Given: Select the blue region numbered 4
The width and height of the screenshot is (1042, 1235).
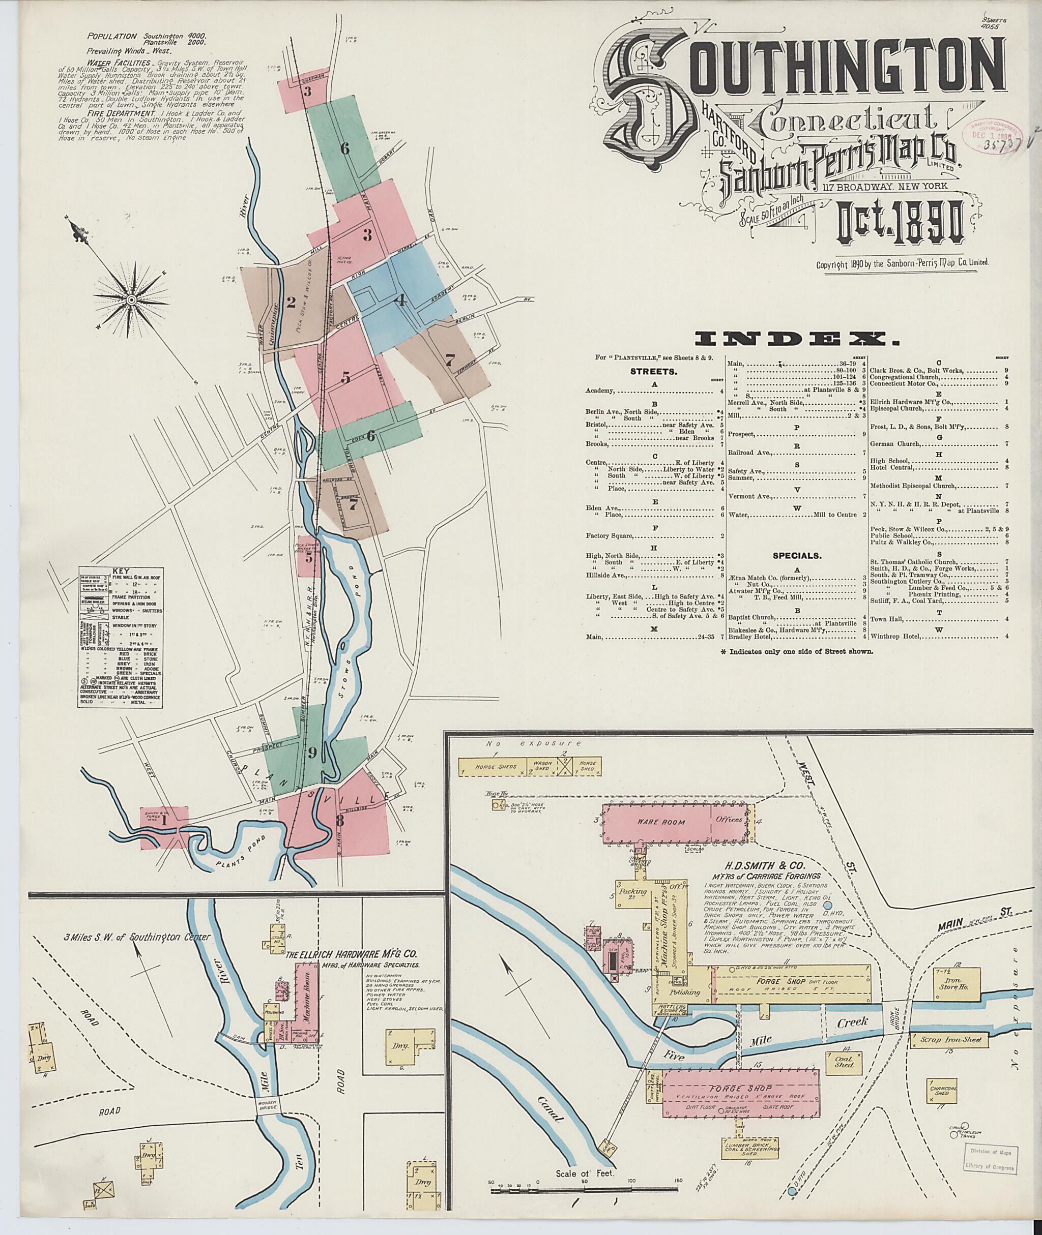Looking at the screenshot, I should tap(401, 300).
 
